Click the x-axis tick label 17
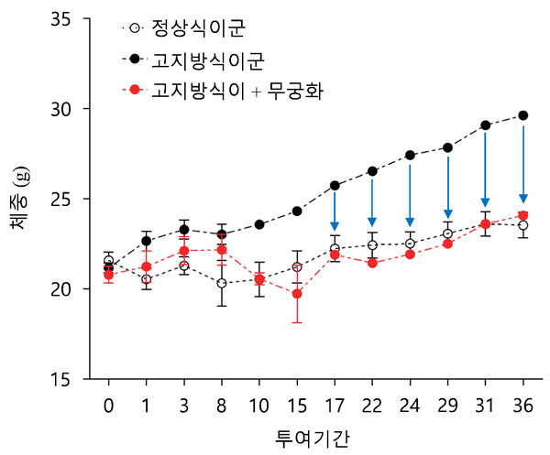click(x=335, y=404)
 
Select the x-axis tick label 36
click(x=523, y=404)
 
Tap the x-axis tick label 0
click(x=109, y=404)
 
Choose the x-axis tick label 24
click(x=410, y=404)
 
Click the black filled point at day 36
click(x=523, y=115)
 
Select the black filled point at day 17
click(x=335, y=186)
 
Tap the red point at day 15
click(x=297, y=294)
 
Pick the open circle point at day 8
click(x=222, y=284)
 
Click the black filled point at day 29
click(x=448, y=147)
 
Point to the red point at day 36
click(x=523, y=216)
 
